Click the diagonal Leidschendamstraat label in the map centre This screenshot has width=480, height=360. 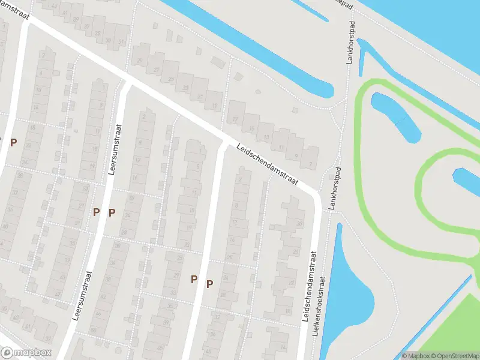[267, 164]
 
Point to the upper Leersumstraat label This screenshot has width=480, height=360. [115, 149]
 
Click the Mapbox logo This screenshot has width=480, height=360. [26, 353]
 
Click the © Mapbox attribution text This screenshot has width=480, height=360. [415, 356]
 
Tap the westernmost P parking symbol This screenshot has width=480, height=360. [13, 142]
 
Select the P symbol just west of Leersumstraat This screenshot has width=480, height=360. [96, 212]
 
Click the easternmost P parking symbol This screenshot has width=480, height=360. [209, 284]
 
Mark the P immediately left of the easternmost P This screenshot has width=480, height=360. [194, 279]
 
